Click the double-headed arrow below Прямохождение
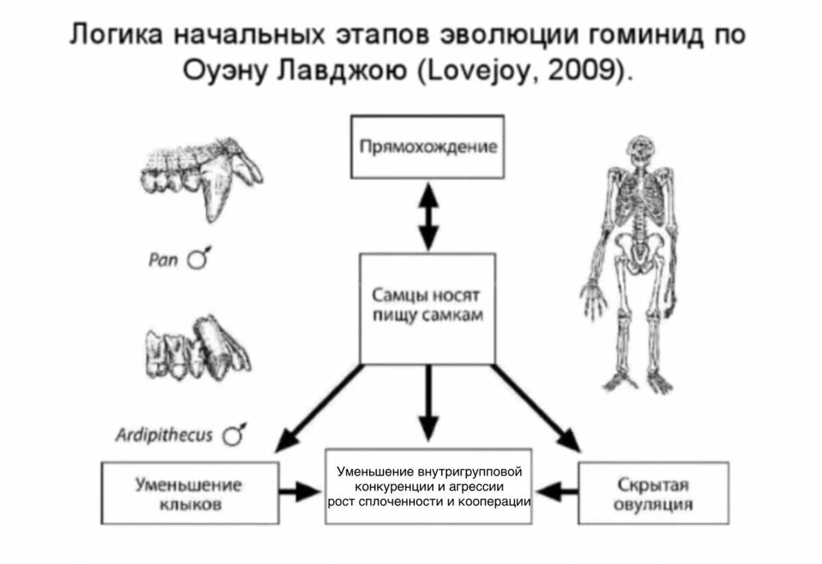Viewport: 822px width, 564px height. (x=428, y=217)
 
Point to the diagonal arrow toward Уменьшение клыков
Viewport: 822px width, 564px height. (x=319, y=408)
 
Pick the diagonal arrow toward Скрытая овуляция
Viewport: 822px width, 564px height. (x=536, y=408)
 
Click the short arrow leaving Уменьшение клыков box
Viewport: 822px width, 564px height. (x=299, y=491)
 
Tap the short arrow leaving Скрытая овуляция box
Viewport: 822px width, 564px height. (x=557, y=491)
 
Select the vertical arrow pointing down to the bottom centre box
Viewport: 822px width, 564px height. (x=428, y=403)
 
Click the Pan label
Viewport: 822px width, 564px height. (x=163, y=260)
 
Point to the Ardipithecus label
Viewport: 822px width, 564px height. (x=164, y=435)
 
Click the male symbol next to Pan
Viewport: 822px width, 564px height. (x=199, y=258)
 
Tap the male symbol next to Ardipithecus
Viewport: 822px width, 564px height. (x=234, y=434)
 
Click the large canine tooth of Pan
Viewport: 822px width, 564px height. (x=216, y=191)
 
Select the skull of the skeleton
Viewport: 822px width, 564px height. (x=640, y=151)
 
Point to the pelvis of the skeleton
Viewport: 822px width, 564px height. (x=640, y=254)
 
